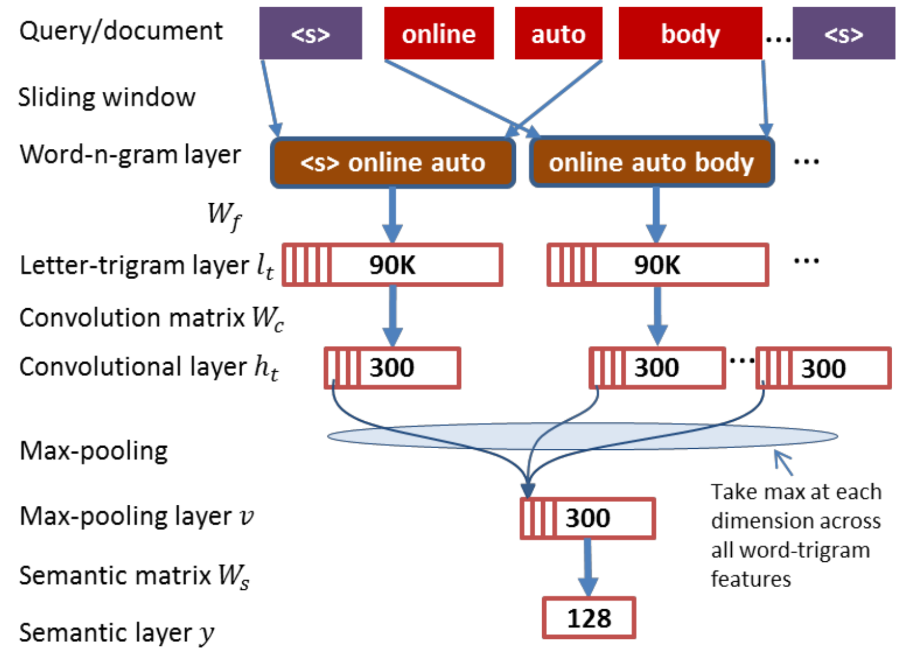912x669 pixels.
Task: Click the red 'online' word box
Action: [x=438, y=34]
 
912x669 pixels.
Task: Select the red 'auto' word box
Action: [x=558, y=34]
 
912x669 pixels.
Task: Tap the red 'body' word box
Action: [x=690, y=34]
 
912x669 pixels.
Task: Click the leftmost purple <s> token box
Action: [x=310, y=34]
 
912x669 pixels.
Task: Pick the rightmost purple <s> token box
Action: [x=843, y=34]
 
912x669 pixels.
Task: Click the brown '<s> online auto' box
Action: [x=393, y=163]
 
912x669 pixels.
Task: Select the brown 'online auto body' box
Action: [x=652, y=163]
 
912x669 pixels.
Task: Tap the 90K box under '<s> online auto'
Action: [x=392, y=265]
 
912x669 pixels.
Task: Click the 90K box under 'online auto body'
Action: [x=657, y=265]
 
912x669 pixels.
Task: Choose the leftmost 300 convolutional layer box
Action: [x=392, y=367]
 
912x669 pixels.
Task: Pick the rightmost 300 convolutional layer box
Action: [x=823, y=368]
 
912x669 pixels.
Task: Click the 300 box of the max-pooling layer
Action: [x=588, y=518]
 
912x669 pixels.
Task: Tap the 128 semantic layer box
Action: [x=589, y=618]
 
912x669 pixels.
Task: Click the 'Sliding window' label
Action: [x=107, y=97]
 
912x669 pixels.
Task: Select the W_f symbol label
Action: [x=224, y=215]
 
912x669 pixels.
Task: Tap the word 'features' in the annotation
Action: [x=750, y=579]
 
